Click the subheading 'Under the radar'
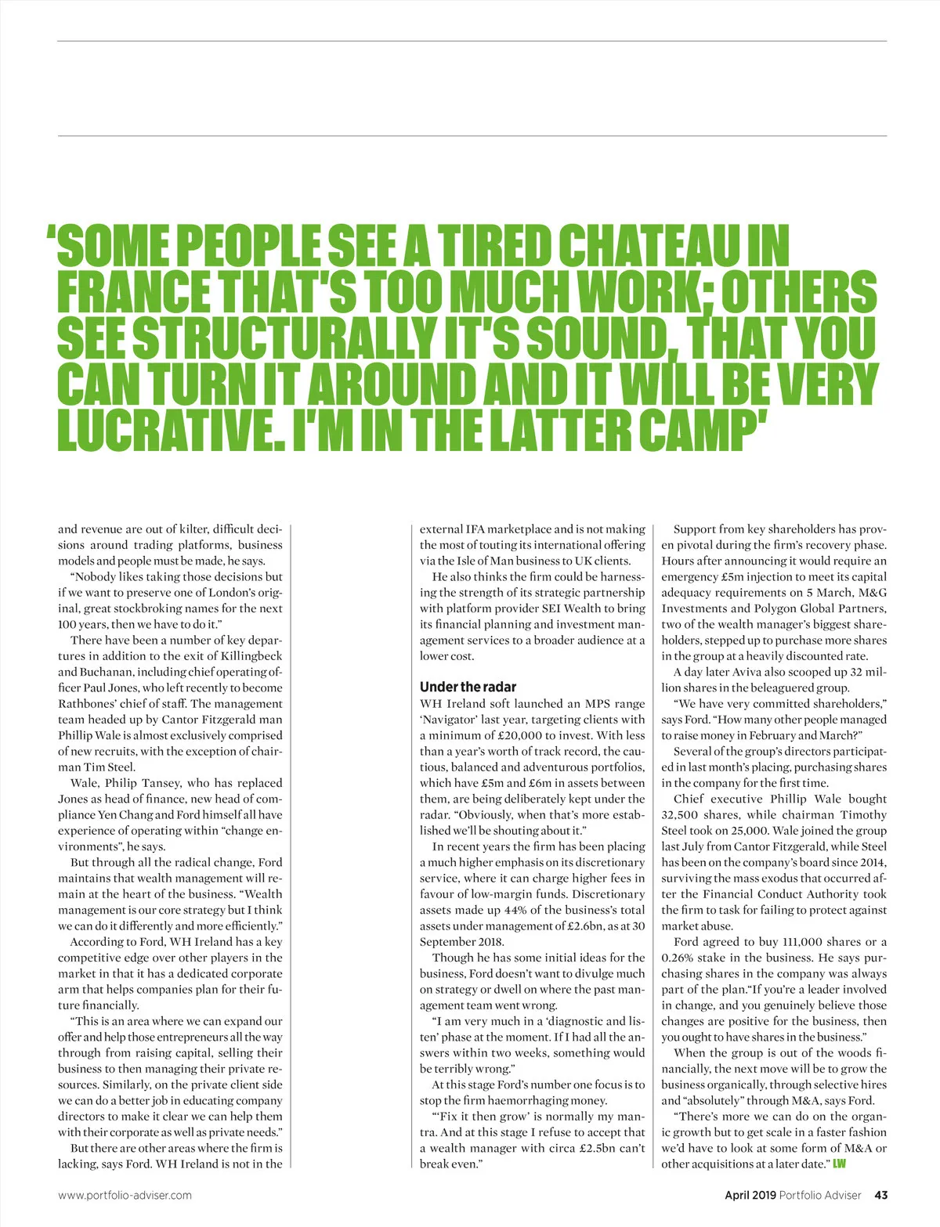point(468,687)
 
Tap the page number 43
point(880,1195)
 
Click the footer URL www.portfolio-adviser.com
point(125,1195)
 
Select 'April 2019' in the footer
point(750,1195)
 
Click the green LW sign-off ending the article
point(839,1164)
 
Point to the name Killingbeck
point(251,656)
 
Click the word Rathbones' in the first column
point(87,704)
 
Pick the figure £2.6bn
point(587,926)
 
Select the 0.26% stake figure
point(678,958)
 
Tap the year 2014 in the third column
point(871,862)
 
